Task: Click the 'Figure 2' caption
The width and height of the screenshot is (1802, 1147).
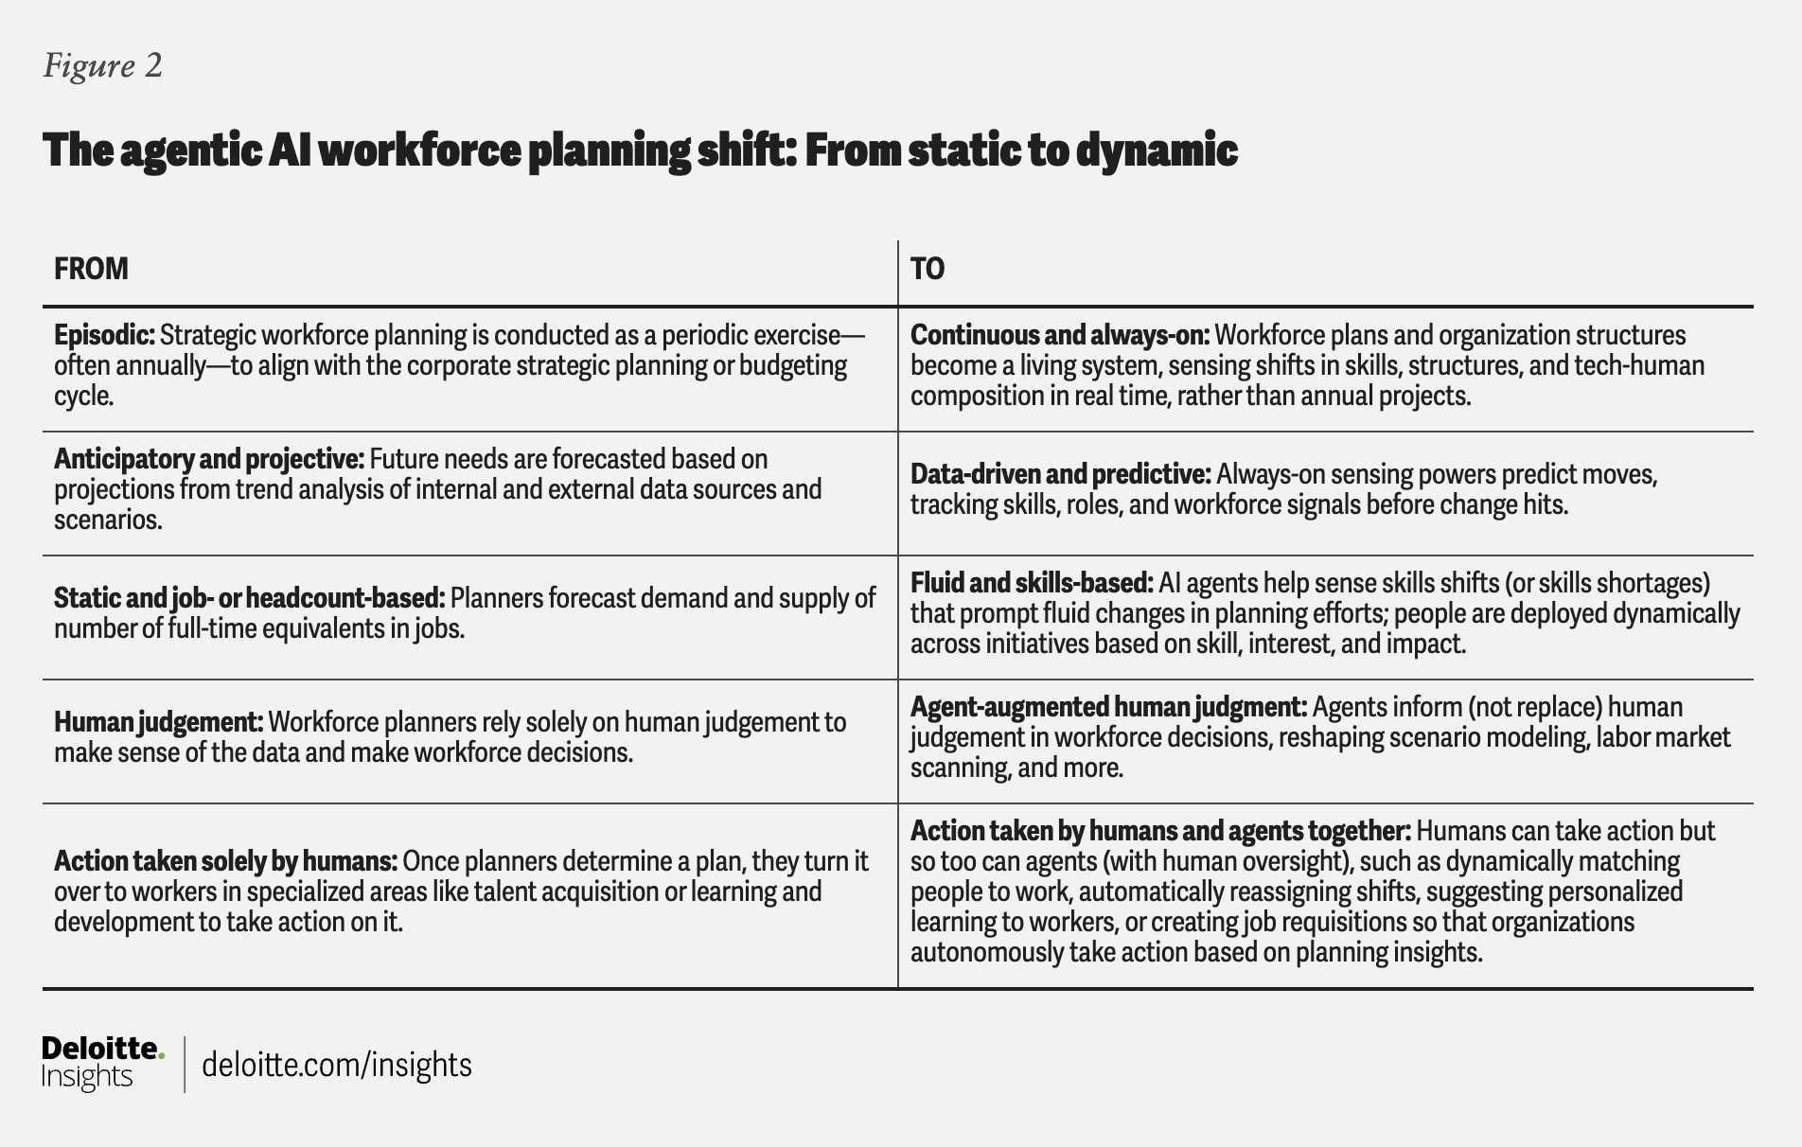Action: point(103,65)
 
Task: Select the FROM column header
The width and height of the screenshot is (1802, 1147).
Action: point(91,269)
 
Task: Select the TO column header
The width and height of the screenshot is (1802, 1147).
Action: point(927,269)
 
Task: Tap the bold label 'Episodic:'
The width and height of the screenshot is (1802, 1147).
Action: point(104,335)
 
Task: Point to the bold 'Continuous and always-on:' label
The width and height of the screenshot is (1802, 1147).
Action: point(1060,335)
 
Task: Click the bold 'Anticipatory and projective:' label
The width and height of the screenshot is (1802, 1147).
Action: point(209,459)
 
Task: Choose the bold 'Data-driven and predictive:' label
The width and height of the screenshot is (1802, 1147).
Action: point(1060,474)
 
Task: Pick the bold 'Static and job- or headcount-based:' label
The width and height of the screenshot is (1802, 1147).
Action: point(249,598)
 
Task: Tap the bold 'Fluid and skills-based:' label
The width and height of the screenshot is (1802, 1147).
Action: point(1032,583)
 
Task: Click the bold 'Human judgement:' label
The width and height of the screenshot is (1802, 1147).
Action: point(158,722)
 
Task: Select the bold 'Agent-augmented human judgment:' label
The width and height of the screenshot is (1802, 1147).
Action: point(1108,707)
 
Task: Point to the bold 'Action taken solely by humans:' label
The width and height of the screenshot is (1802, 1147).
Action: point(225,861)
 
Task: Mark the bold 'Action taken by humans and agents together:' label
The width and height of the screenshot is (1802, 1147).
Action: point(1160,831)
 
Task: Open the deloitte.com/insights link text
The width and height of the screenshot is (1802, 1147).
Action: point(337,1065)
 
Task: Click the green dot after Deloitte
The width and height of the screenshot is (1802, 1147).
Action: point(161,1053)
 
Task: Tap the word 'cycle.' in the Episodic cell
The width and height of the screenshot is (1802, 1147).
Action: point(84,396)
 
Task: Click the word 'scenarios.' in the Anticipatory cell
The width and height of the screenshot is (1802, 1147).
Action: point(108,520)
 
